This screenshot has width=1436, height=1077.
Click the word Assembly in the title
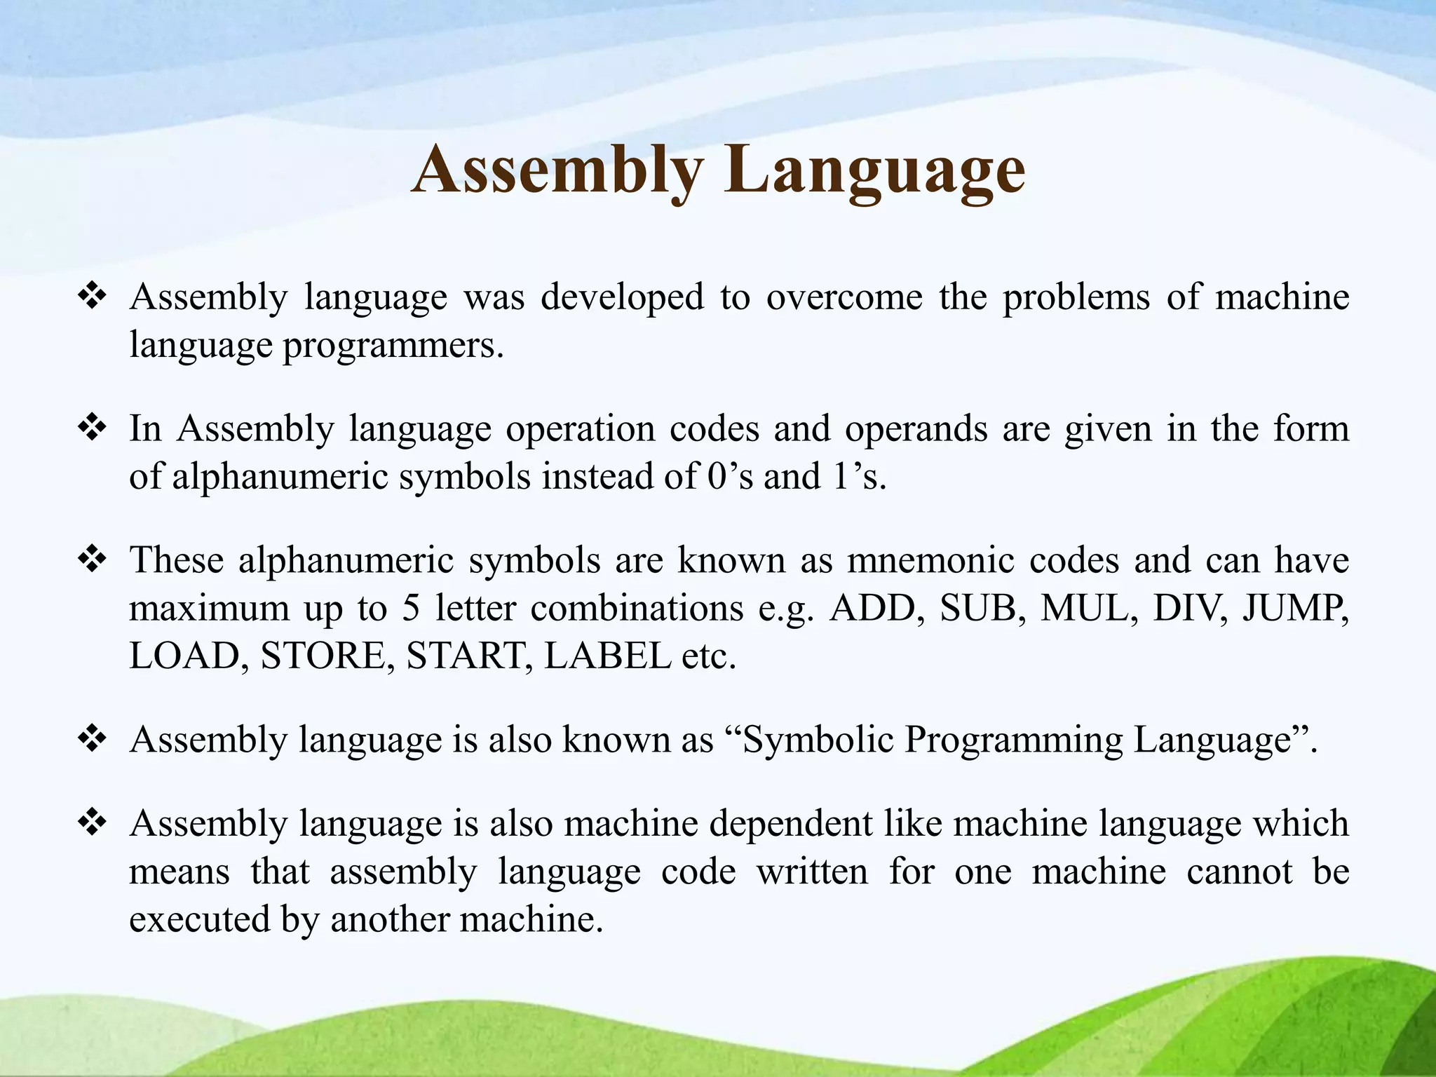tap(557, 170)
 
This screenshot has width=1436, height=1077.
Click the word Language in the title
tap(875, 170)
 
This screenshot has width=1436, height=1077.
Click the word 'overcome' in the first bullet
tap(844, 297)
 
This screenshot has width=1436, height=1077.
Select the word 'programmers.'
tap(393, 345)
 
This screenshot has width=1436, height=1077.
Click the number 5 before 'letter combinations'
tap(411, 609)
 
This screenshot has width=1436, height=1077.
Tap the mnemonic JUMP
tap(1294, 609)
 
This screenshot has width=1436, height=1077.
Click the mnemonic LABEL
tap(607, 656)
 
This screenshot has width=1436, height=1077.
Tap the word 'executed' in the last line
tap(199, 919)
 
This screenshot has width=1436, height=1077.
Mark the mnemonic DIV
tap(1190, 609)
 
